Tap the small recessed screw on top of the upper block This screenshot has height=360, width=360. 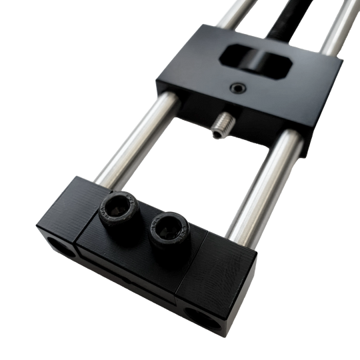(x=235, y=87)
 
